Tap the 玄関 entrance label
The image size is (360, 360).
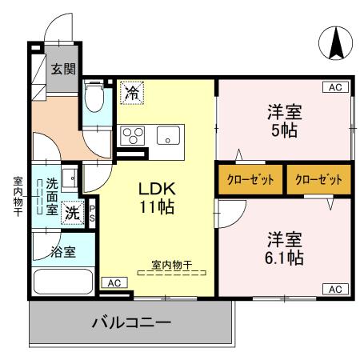pos(63,70)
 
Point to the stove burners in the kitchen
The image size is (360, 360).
pos(132,135)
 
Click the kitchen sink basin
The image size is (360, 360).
pos(168,134)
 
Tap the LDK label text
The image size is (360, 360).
pos(157,190)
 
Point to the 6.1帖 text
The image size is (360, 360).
pos(285,258)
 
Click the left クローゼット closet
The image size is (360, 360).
pos(249,179)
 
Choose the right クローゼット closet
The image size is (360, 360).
pos(318,179)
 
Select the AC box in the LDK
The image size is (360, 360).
pos(114,282)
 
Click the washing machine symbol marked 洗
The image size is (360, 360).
pos(73,214)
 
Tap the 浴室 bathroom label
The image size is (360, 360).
pos(64,253)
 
